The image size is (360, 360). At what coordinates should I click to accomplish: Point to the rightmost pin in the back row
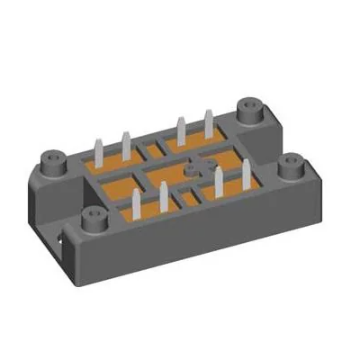tap(209, 123)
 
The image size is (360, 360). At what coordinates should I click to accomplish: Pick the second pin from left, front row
tap(165, 195)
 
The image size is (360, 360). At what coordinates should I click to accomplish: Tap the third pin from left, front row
tap(220, 181)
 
